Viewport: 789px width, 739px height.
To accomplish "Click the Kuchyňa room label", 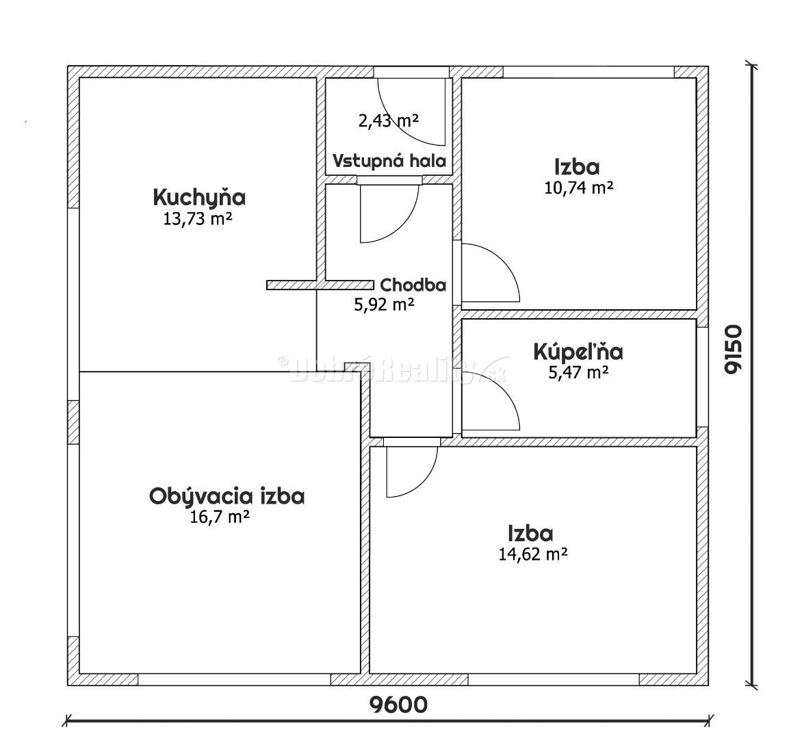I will pos(199,198).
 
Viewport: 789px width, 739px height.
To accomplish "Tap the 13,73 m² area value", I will pos(195,219).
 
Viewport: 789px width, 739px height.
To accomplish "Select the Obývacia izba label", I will pos(227,496).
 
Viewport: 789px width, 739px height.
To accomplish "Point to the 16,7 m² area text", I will pos(218,517).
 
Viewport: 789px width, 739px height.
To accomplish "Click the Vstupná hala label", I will pos(389,161).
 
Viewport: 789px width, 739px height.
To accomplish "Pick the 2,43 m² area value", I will pos(388,121).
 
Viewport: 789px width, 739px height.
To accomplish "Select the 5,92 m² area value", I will pos(384,305).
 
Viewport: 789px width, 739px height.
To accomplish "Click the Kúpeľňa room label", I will pos(578,352).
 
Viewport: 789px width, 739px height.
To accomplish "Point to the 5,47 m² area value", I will pos(578,372).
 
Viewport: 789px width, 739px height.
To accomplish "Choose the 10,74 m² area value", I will pos(578,187).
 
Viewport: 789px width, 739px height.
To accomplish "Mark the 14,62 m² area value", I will pos(534,554).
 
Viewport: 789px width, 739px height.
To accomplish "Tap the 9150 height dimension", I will pos(734,348).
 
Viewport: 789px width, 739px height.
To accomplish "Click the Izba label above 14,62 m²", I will pos(530,533).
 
